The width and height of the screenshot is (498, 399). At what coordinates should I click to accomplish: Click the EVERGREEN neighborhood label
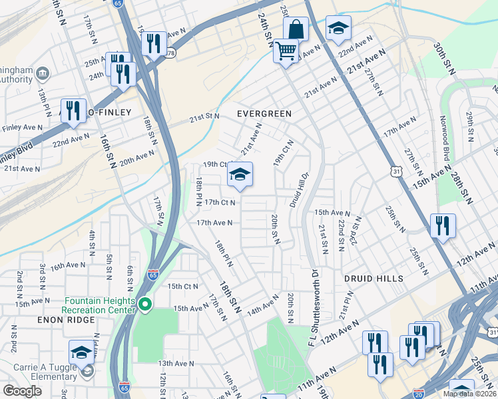264,114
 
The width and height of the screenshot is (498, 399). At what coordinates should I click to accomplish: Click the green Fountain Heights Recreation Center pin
144,305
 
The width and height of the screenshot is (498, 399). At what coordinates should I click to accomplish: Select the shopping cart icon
286,51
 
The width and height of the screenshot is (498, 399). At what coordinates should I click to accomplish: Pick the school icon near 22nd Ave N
338,29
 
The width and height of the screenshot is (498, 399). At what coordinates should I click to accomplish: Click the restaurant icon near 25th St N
442,226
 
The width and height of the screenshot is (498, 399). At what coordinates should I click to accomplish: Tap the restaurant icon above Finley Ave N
73,111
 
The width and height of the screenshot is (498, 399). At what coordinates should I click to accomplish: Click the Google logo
22,391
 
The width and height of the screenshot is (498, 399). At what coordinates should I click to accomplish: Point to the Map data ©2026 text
469,394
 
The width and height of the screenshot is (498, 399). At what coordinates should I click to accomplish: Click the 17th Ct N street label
220,202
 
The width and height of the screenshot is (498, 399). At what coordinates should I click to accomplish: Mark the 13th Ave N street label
176,364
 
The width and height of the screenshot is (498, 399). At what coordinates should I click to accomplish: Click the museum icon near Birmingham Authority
43,72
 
